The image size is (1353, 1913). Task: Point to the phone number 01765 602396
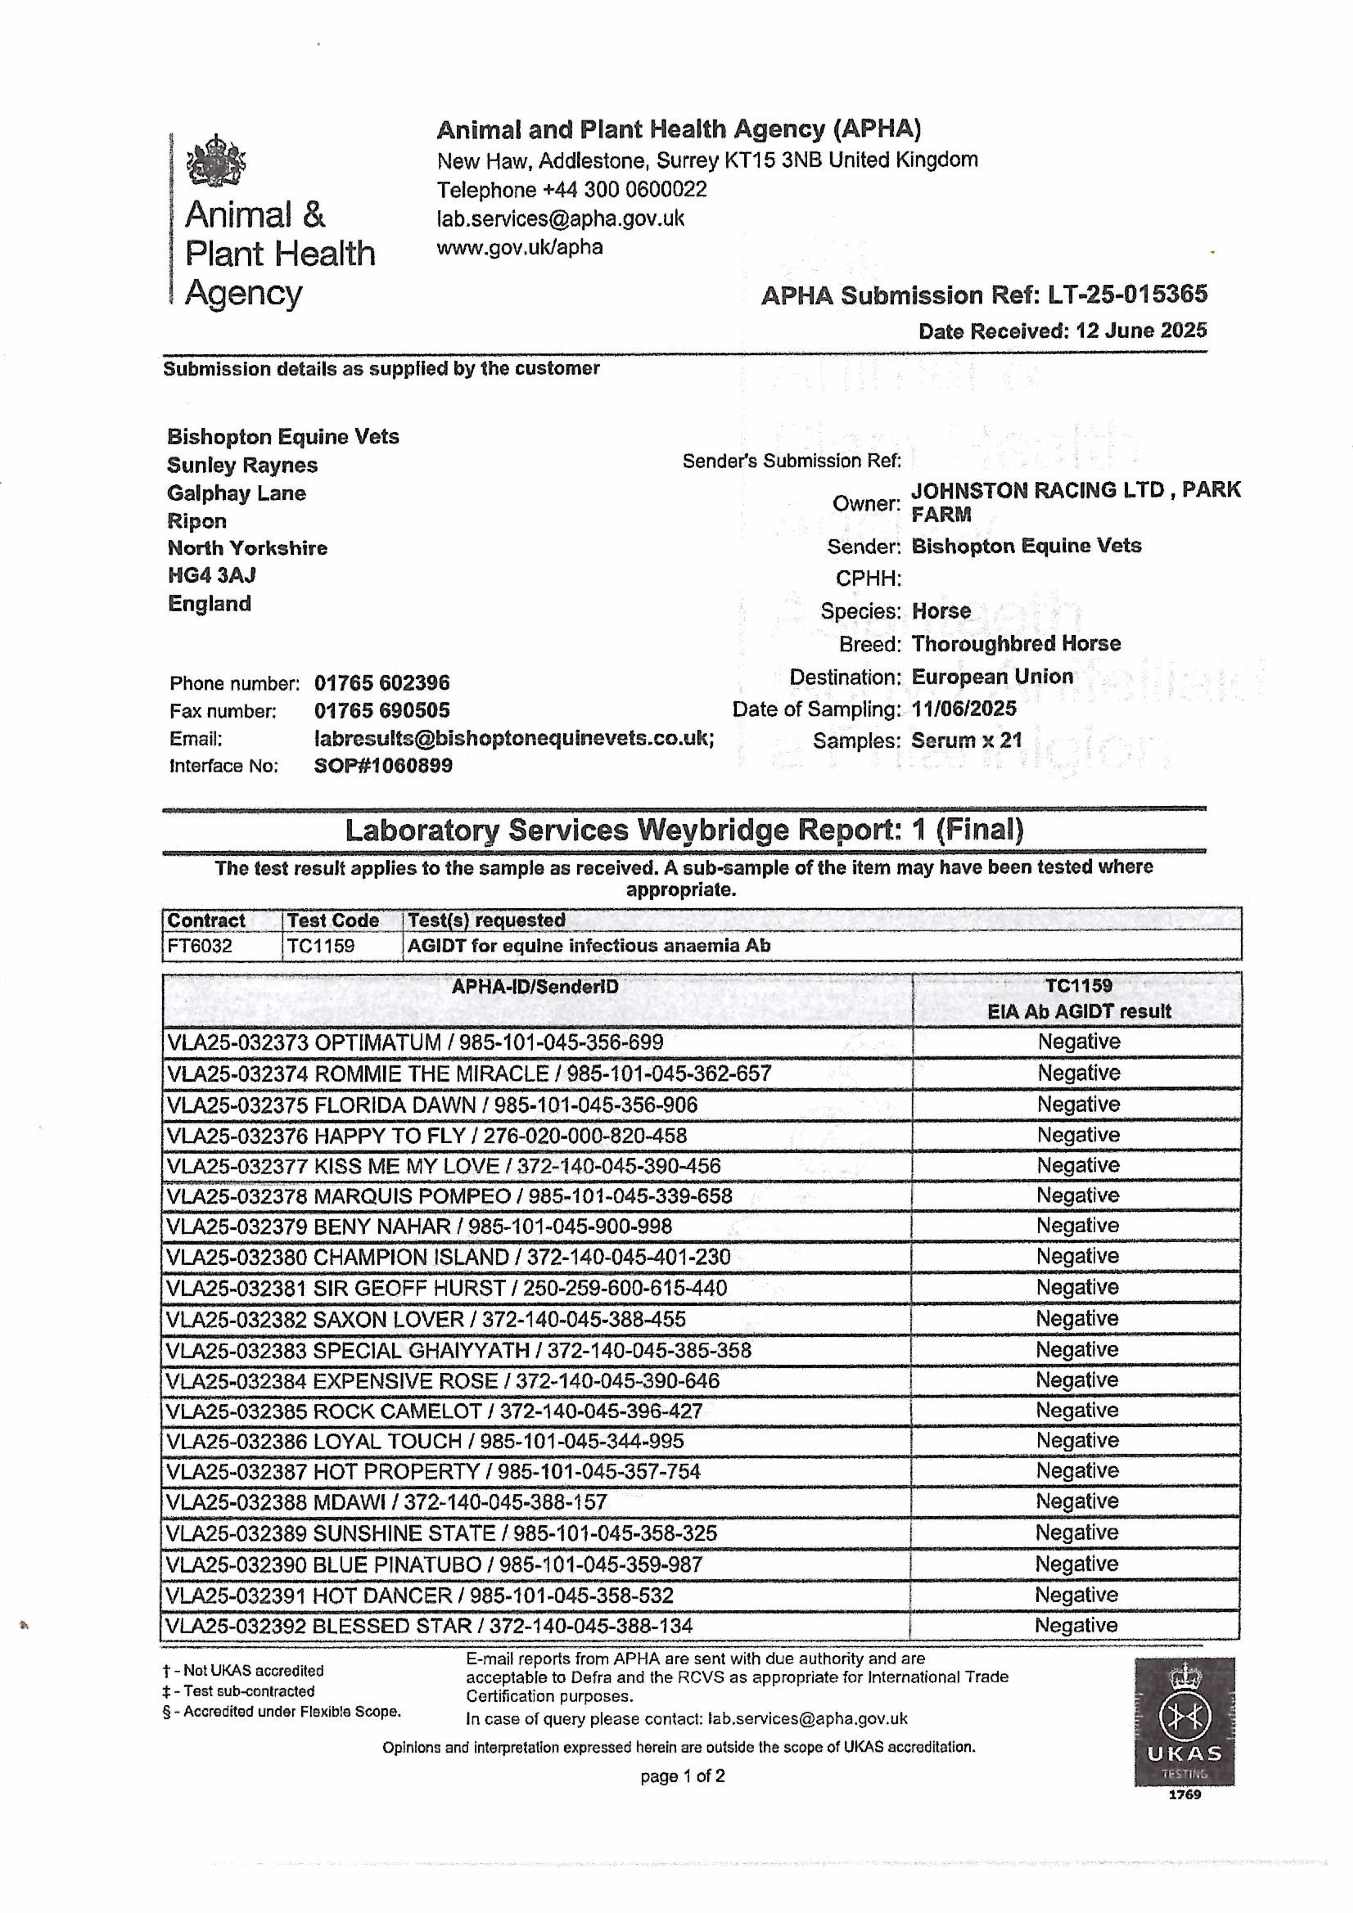point(382,683)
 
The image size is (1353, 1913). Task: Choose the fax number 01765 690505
point(382,711)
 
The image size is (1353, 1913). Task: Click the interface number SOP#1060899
point(383,766)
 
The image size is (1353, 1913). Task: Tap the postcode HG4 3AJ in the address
point(212,575)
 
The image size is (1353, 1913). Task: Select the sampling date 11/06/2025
point(964,709)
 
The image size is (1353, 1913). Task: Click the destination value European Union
point(992,676)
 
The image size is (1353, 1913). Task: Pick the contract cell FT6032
point(200,946)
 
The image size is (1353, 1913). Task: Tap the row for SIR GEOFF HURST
point(446,1288)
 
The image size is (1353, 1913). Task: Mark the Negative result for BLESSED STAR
point(1076,1626)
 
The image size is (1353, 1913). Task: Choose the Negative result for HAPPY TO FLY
point(1078,1135)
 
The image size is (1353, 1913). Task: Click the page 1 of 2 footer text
point(682,1776)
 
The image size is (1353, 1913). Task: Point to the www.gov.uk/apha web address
point(520,248)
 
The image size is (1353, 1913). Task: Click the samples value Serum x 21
point(966,741)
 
